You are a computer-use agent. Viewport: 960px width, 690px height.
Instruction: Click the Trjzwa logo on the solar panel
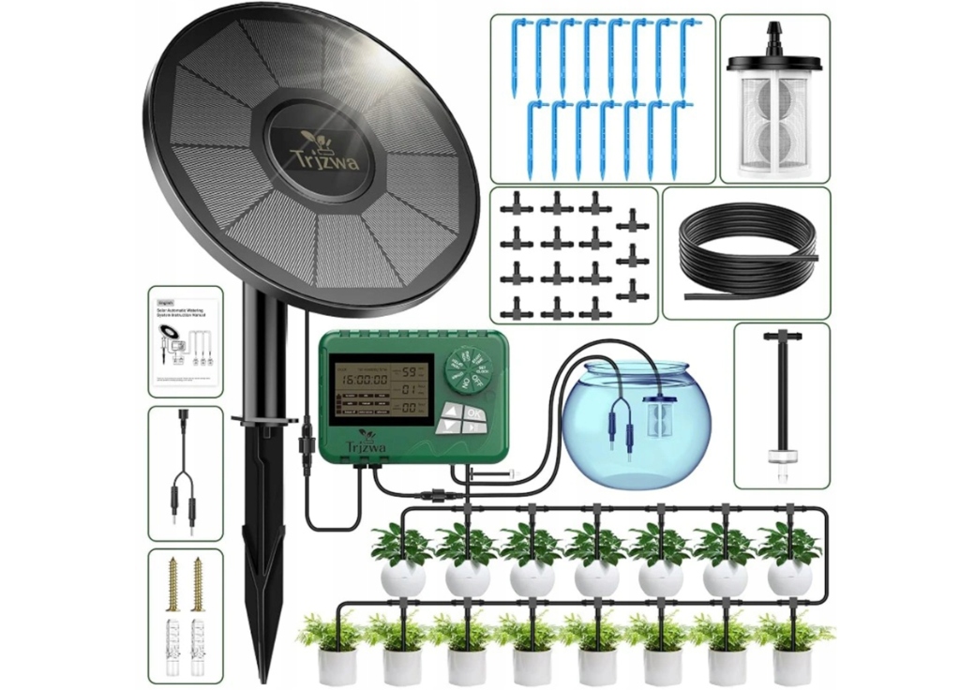coord(318,150)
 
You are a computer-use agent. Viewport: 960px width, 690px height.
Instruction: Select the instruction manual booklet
coord(185,342)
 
